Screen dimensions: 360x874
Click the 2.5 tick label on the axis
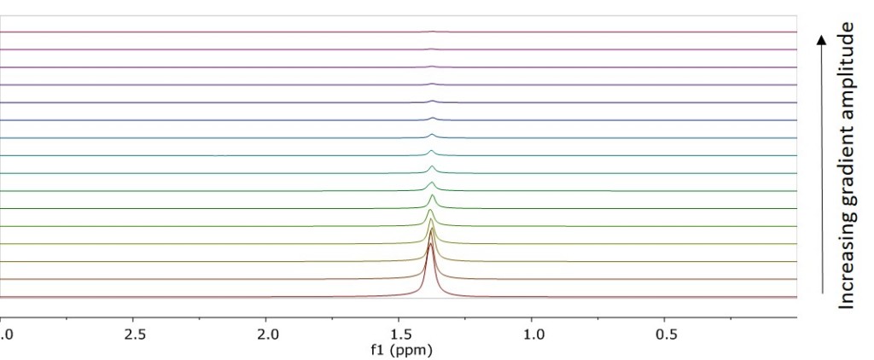[135, 332]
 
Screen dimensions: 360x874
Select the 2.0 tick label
[268, 332]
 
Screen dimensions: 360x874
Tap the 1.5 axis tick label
[400, 332]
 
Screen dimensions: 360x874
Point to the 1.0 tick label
[533, 332]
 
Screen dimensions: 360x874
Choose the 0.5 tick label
[666, 332]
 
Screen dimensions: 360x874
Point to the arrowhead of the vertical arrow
[822, 39]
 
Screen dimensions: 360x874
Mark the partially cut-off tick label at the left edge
[4, 332]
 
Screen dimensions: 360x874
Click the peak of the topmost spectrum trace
[433, 32]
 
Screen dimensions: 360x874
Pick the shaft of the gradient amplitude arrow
[822, 171]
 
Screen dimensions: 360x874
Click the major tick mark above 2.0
[268, 317]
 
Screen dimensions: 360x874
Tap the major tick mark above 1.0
[533, 317]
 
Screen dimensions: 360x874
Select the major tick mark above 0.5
[666, 317]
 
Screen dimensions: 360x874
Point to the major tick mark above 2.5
[135, 317]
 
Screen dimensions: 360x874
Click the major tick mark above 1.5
[400, 317]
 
